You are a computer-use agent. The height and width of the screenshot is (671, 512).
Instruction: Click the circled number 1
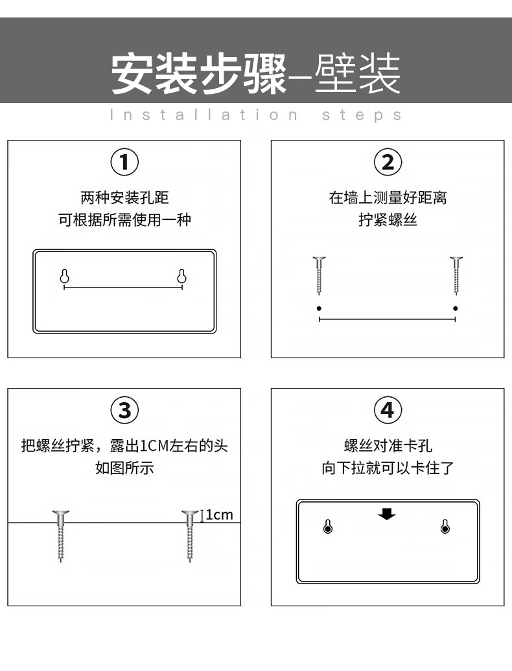coord(124,162)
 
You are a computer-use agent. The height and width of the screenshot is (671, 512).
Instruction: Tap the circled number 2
coord(388,162)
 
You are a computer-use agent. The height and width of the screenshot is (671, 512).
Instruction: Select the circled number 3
coord(124,410)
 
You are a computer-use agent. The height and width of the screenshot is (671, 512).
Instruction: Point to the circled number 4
coord(388,410)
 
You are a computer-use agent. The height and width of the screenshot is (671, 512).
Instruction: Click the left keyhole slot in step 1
coord(65,277)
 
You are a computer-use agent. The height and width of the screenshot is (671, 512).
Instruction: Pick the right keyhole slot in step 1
coord(182,277)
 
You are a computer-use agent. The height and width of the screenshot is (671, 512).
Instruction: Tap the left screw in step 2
coord(319,276)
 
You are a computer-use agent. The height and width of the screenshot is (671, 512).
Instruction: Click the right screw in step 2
coord(456,276)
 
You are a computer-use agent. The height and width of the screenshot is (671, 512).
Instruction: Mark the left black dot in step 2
coord(319,308)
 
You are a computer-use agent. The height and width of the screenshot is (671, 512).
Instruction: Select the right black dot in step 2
coord(456,308)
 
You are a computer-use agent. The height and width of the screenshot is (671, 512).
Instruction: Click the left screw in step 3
coord(61,536)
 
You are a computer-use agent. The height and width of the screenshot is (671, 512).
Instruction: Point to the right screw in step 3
coord(190,536)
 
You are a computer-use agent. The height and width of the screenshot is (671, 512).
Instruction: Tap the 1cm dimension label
coord(219,515)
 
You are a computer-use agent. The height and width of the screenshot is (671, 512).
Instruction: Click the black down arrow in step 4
coord(387,514)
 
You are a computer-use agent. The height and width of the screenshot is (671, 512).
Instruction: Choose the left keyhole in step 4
coord(328,527)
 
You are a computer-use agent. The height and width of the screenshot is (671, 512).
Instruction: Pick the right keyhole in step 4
coord(445,527)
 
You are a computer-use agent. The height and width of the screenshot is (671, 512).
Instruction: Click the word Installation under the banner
coord(204,115)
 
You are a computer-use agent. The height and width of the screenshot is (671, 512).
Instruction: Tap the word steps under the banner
coord(362,115)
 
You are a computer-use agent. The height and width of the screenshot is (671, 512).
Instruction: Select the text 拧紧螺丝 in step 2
coord(388,220)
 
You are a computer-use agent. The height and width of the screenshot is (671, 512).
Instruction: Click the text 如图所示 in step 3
coord(124,468)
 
